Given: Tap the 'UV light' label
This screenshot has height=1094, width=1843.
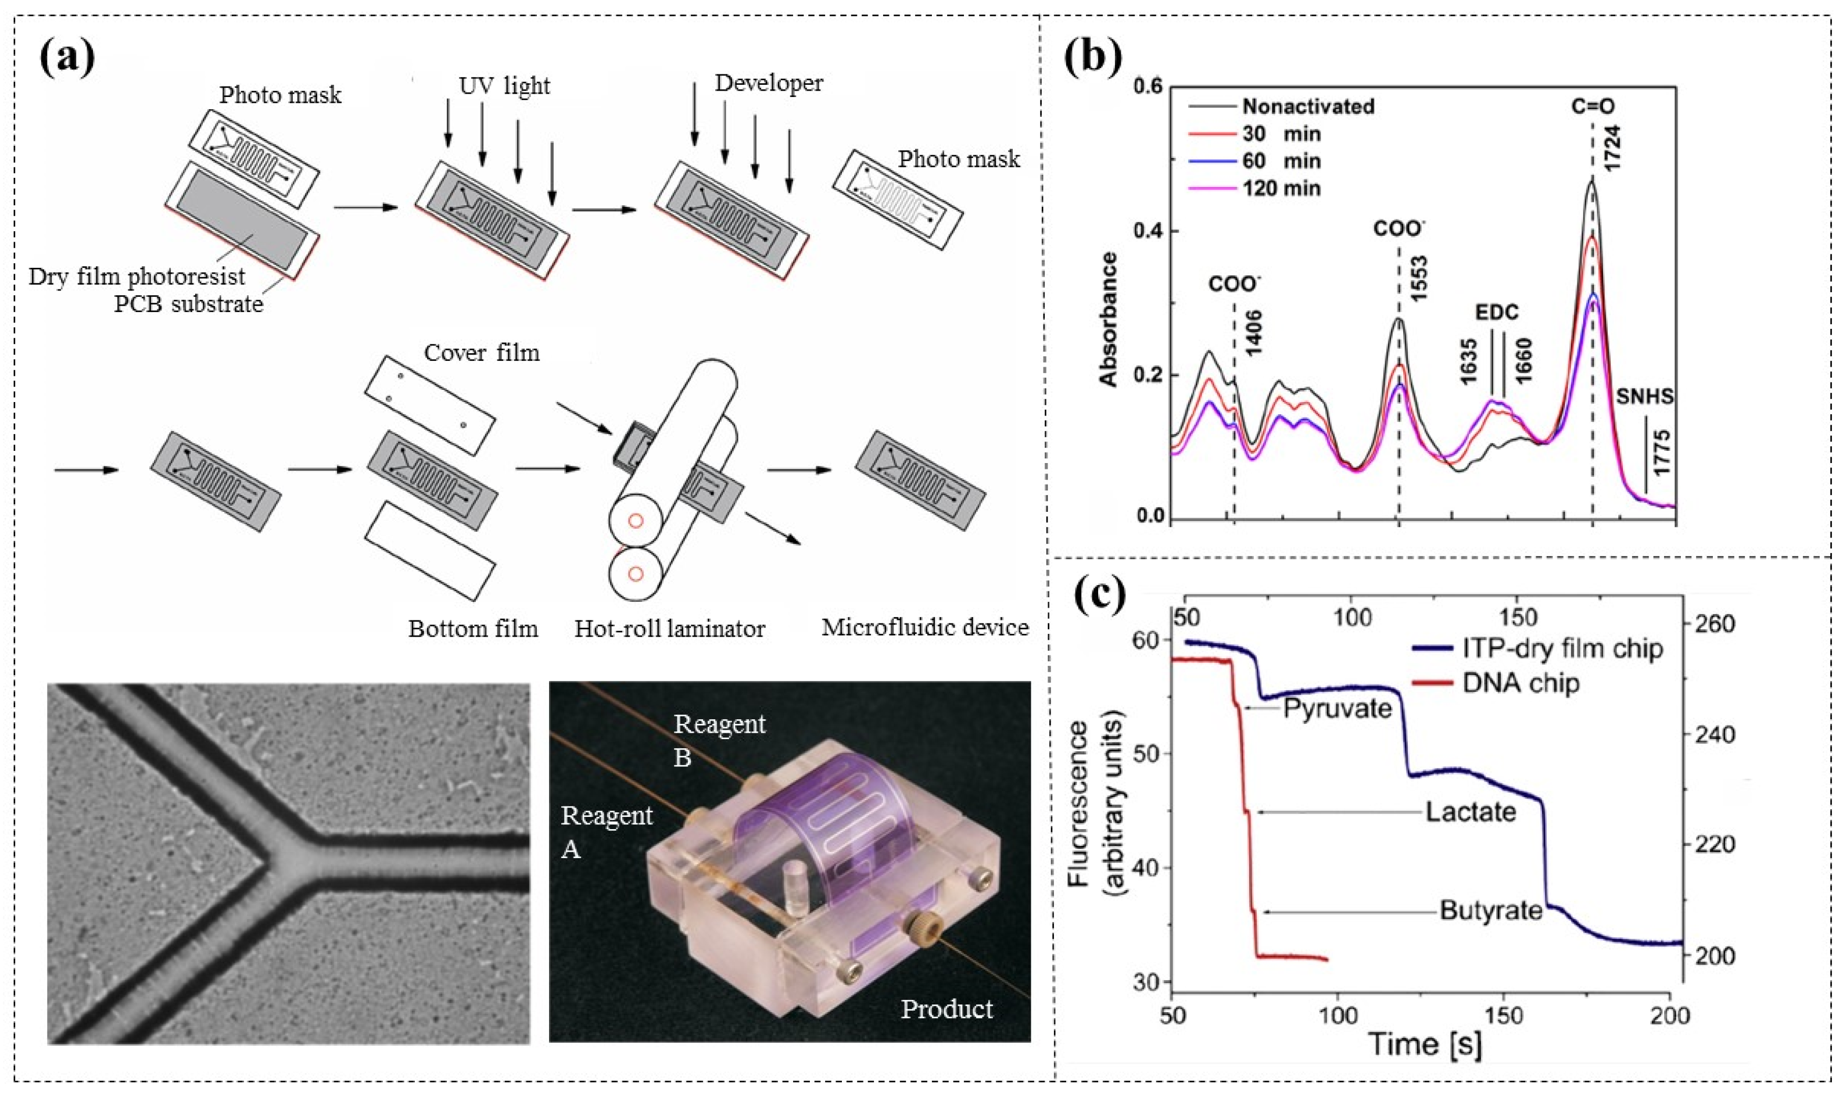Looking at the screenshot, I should click(x=504, y=86).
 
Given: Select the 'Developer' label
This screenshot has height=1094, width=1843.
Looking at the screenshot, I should click(x=768, y=83).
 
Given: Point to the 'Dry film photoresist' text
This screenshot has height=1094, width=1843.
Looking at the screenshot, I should click(x=137, y=277).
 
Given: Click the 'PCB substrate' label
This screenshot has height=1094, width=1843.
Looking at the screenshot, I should click(x=188, y=304).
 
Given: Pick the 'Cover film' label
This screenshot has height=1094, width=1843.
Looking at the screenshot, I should click(x=482, y=353).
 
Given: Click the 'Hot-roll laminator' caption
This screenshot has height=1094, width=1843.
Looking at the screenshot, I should click(x=669, y=629).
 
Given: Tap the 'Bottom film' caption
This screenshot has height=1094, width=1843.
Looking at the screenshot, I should click(x=474, y=629).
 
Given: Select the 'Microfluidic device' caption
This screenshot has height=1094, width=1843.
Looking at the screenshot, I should click(x=924, y=627).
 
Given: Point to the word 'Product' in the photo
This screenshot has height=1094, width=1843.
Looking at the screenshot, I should click(x=946, y=1009).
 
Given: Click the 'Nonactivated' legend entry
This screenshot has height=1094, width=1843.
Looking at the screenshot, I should click(x=1308, y=106).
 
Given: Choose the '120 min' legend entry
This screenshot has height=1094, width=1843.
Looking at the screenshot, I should click(x=1281, y=188).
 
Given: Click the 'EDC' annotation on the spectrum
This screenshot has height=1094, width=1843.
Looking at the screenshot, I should click(x=1497, y=312).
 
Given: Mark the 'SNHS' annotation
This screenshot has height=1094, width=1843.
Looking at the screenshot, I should click(x=1645, y=397).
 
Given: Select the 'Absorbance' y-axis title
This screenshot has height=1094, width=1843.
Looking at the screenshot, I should click(x=1108, y=318).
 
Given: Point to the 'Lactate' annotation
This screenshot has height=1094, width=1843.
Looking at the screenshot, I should click(x=1470, y=812).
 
